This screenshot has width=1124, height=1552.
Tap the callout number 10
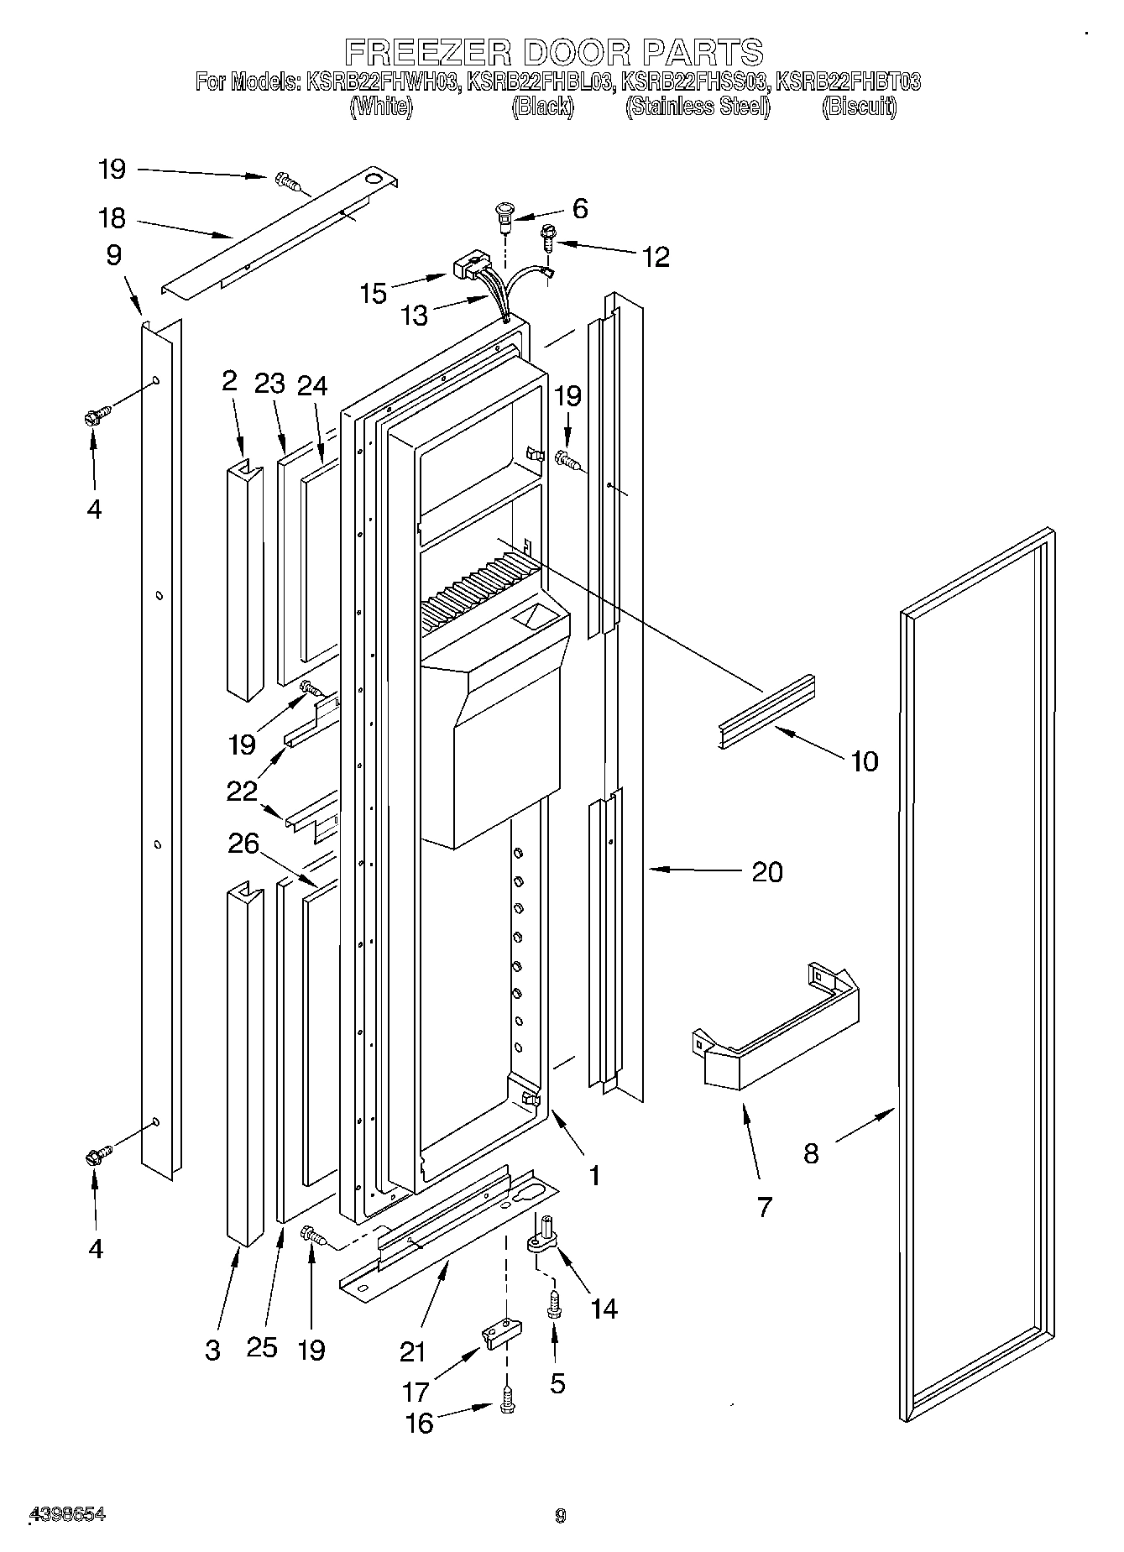(x=864, y=760)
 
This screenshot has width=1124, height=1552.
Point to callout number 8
(x=810, y=1152)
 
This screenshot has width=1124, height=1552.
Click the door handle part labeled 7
(x=772, y=1028)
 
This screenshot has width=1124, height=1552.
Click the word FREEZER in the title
(x=427, y=52)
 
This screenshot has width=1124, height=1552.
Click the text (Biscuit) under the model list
(x=859, y=107)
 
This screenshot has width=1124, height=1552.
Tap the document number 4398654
(x=67, y=1513)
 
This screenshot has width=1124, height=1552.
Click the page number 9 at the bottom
(x=561, y=1515)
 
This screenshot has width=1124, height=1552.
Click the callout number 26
(x=243, y=842)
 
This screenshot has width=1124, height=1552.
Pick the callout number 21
(x=412, y=1351)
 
